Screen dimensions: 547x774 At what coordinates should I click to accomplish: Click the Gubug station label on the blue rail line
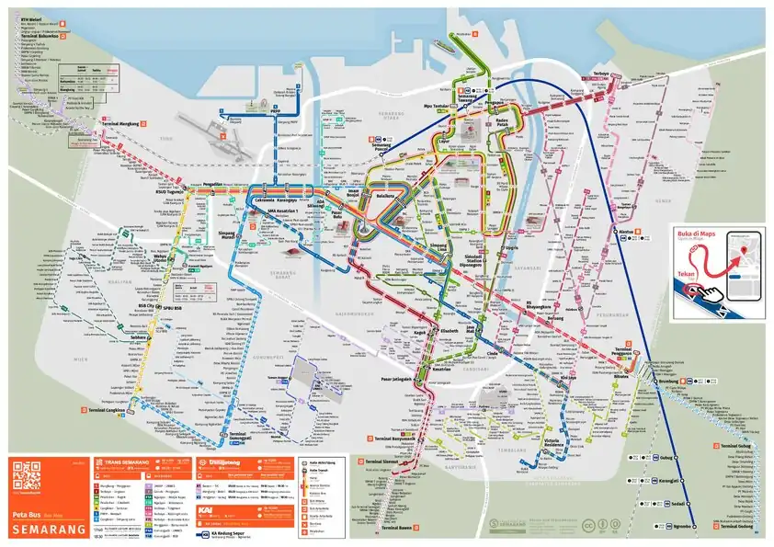coord(667,457)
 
